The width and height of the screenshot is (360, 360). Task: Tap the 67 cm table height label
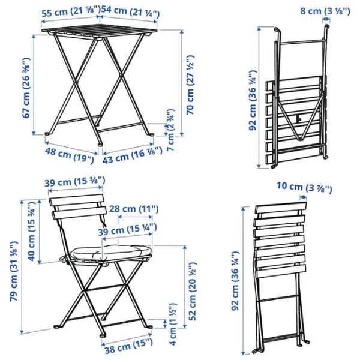click(x=26, y=88)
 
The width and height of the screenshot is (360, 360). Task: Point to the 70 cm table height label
click(x=190, y=85)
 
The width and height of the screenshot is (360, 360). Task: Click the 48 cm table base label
click(x=69, y=155)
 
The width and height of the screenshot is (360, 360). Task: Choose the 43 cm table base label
click(x=133, y=155)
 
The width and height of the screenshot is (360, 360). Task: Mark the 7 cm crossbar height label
click(x=171, y=130)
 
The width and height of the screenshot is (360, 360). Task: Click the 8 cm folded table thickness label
click(x=325, y=11)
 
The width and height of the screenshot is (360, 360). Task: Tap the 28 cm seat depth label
click(x=134, y=209)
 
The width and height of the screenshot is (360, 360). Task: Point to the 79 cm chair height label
click(x=14, y=271)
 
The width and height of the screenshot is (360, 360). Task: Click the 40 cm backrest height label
click(x=32, y=232)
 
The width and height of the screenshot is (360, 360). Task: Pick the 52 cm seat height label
click(x=193, y=291)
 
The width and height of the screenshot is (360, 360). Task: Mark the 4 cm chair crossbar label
click(x=173, y=324)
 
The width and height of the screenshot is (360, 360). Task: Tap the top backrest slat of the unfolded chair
click(x=76, y=200)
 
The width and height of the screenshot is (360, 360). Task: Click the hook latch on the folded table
click(x=298, y=119)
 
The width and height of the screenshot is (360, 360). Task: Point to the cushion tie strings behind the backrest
click(x=103, y=221)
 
